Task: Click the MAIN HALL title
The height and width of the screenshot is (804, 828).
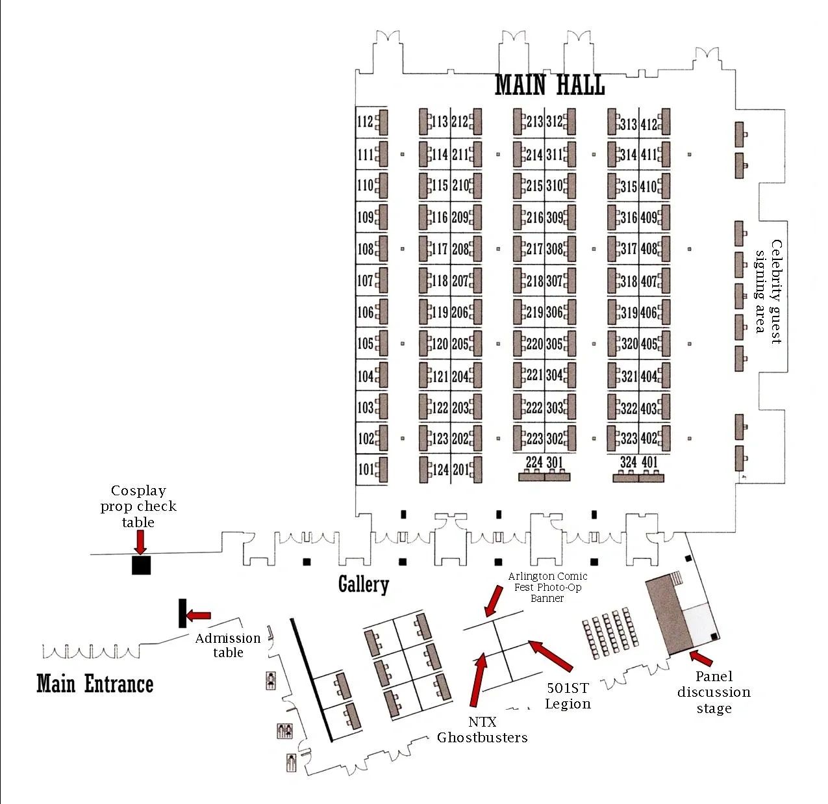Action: pyautogui.click(x=549, y=84)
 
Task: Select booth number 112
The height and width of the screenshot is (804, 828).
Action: pyautogui.click(x=365, y=122)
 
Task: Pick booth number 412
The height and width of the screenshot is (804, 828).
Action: pyautogui.click(x=649, y=124)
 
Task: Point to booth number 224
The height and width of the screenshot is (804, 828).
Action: pyautogui.click(x=534, y=462)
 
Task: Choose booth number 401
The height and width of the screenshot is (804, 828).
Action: pyautogui.click(x=649, y=462)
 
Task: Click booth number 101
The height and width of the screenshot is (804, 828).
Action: pyautogui.click(x=365, y=469)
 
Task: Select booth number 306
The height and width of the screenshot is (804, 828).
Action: pyautogui.click(x=555, y=313)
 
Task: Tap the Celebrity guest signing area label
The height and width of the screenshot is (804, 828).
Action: pyautogui.click(x=768, y=292)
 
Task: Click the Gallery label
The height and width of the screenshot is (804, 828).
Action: pyautogui.click(x=364, y=584)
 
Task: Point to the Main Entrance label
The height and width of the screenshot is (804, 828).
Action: pyautogui.click(x=94, y=684)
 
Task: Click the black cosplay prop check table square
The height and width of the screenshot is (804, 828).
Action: pyautogui.click(x=141, y=565)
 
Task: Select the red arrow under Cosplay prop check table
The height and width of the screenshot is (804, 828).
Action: pyautogui.click(x=140, y=542)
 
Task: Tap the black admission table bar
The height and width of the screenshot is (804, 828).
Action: pyautogui.click(x=182, y=613)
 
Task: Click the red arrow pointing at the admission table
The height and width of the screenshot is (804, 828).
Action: pyautogui.click(x=198, y=616)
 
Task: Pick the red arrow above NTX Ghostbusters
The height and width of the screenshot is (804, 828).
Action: pyautogui.click(x=477, y=679)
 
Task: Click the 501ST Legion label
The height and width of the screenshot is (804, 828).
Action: pyautogui.click(x=568, y=696)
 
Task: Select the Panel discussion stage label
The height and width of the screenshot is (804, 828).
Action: pyautogui.click(x=714, y=692)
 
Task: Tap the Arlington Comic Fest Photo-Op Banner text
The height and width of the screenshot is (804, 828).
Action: pyautogui.click(x=547, y=588)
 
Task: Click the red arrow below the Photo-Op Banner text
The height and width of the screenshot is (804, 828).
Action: pyautogui.click(x=494, y=601)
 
